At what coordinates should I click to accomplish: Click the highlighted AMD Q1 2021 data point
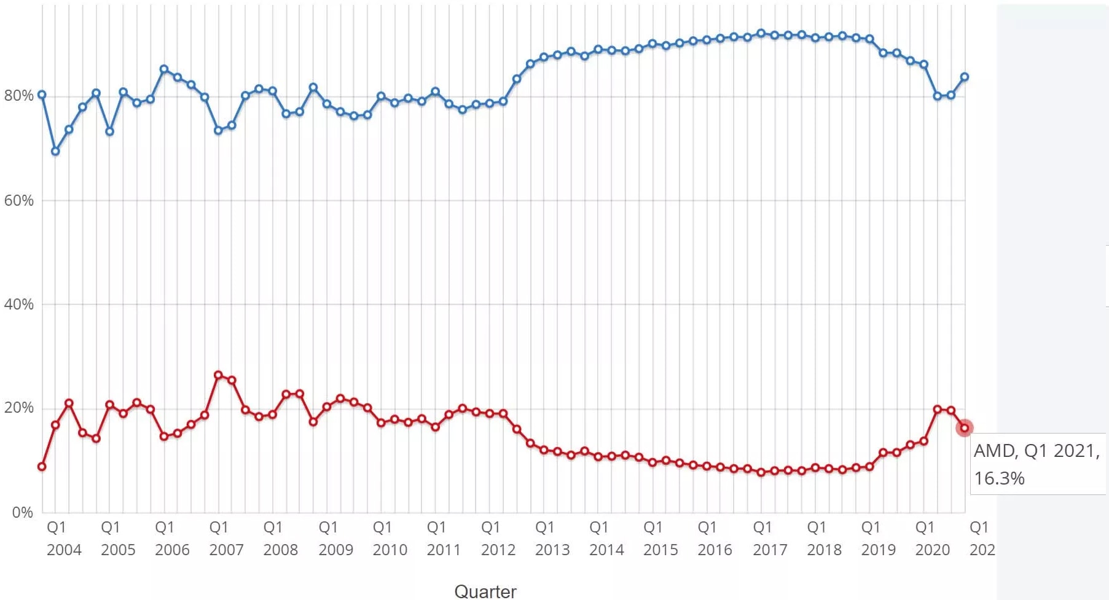(964, 428)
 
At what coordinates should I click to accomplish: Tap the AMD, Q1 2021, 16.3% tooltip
(1036, 464)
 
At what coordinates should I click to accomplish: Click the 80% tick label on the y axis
(18, 96)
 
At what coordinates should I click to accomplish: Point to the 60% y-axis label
(18, 201)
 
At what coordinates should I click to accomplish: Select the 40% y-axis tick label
(18, 305)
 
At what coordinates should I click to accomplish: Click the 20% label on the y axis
(18, 408)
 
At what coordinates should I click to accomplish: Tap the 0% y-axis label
(22, 513)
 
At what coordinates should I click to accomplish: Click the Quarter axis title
(485, 591)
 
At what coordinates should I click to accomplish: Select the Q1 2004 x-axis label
(63, 539)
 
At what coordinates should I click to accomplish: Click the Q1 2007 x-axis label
(226, 539)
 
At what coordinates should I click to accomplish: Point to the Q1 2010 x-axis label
(390, 539)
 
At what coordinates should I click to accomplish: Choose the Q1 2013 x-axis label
(552, 539)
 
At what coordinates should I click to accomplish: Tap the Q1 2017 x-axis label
(769, 539)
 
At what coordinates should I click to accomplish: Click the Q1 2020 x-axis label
(932, 539)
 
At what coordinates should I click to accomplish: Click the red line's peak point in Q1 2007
(218, 375)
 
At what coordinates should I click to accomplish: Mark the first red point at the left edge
(42, 467)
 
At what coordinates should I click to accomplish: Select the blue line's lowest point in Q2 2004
(55, 151)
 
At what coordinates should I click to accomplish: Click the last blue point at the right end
(965, 77)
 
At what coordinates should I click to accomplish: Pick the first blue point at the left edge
(42, 95)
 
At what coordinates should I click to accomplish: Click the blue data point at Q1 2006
(164, 69)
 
